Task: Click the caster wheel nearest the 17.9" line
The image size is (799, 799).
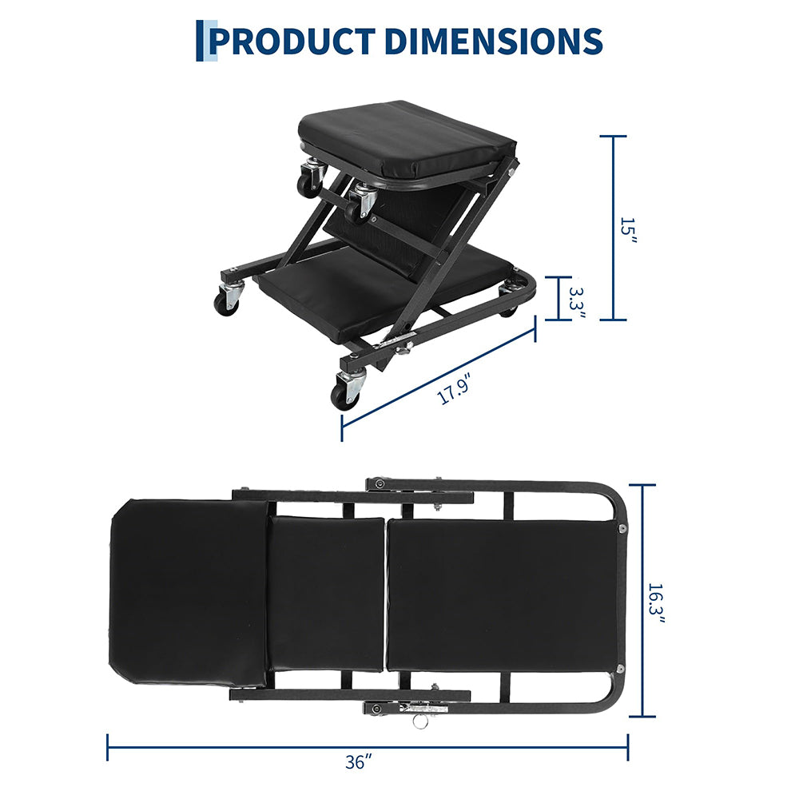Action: pyautogui.click(x=346, y=394)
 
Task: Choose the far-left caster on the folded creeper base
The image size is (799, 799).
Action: pyautogui.click(x=227, y=301)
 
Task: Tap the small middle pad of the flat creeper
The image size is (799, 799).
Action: pyautogui.click(x=328, y=593)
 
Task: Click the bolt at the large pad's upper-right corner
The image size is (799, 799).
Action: pyautogui.click(x=620, y=528)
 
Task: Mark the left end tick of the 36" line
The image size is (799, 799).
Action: pyautogui.click(x=108, y=747)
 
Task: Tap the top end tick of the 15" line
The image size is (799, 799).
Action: pyautogui.click(x=614, y=137)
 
